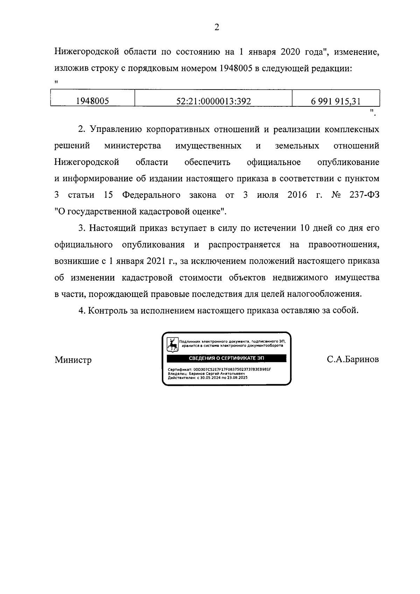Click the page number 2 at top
tap(216, 28)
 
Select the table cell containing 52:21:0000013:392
tap(213, 101)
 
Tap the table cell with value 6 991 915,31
tap(336, 101)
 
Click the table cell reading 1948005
tap(93, 101)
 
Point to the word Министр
tap(73, 360)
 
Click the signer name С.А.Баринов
tap(353, 360)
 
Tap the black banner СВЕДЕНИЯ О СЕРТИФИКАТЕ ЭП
tap(226, 358)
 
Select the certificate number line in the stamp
tap(219, 369)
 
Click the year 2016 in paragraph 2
tap(297, 195)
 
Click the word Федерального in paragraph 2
tap(151, 195)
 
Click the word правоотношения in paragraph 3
tap(343, 245)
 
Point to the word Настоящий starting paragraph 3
tap(110, 228)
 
